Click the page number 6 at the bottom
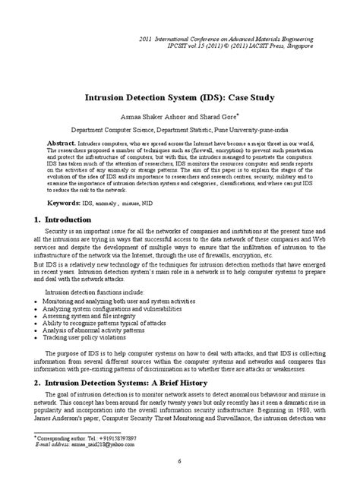(x=180, y=462)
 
